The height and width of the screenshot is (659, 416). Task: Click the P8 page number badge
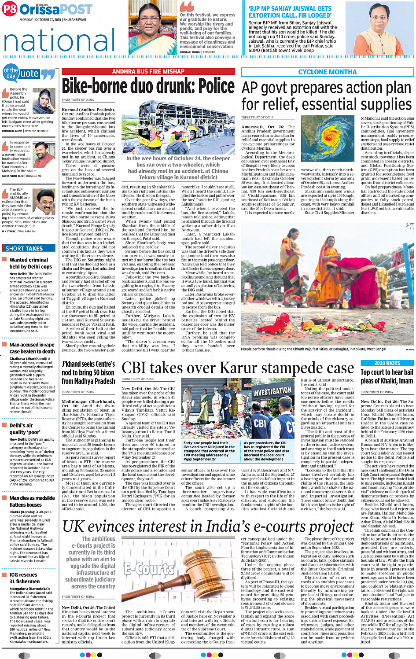10,9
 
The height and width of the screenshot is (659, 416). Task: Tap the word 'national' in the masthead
59,40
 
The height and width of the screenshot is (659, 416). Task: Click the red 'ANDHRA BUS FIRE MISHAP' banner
148,71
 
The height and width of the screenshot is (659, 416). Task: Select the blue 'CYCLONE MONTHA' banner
327,72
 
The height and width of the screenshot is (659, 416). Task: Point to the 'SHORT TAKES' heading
24,249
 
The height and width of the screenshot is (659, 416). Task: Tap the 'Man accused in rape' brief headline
32,345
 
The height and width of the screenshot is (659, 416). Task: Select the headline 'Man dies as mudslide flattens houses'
32,501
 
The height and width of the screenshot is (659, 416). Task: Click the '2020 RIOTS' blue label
387,363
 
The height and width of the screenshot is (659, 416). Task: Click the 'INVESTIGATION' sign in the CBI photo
272,390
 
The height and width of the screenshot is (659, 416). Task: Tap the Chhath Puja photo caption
313,349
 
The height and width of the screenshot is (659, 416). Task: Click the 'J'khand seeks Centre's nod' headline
88,372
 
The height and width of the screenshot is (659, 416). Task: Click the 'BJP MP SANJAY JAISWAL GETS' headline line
290,8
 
